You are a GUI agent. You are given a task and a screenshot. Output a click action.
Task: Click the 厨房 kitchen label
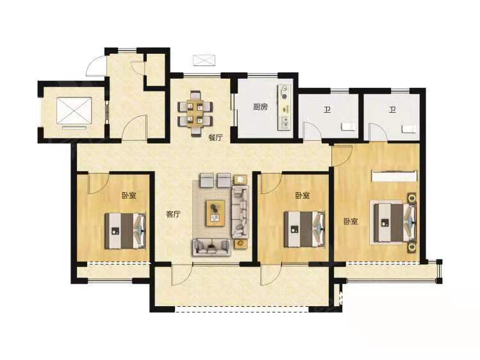[261, 107]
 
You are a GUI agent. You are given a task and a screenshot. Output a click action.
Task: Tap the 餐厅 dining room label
[215, 138]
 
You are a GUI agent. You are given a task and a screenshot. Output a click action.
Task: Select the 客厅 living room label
[173, 215]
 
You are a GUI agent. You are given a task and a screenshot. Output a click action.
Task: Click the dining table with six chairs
[195, 113]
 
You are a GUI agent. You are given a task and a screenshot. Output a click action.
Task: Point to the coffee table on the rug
[215, 213]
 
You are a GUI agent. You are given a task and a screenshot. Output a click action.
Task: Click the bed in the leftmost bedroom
[125, 231]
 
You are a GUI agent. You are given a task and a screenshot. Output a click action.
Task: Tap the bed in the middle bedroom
[304, 229]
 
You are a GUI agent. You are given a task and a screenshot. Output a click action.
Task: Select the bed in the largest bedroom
[393, 222]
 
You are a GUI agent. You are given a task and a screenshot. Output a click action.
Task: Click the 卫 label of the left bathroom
[327, 110]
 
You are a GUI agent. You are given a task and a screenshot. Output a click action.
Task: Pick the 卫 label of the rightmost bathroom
[392, 110]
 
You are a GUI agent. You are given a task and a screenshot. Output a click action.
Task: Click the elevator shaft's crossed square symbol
[74, 111]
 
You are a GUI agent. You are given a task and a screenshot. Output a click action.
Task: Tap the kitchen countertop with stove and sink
[285, 108]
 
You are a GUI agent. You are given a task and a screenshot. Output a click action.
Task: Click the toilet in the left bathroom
[349, 127]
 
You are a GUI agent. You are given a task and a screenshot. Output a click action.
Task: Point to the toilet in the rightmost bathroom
[410, 129]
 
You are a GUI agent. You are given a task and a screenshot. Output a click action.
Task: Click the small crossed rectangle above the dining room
[204, 60]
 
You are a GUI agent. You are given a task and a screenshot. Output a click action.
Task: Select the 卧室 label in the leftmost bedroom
[129, 195]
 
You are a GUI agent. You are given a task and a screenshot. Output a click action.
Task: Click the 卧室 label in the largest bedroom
[351, 222]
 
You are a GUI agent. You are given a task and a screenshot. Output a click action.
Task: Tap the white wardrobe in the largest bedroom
[395, 176]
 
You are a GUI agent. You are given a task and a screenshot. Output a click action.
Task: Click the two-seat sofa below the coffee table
[211, 247]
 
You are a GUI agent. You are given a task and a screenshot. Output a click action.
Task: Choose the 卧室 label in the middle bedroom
[302, 195]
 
